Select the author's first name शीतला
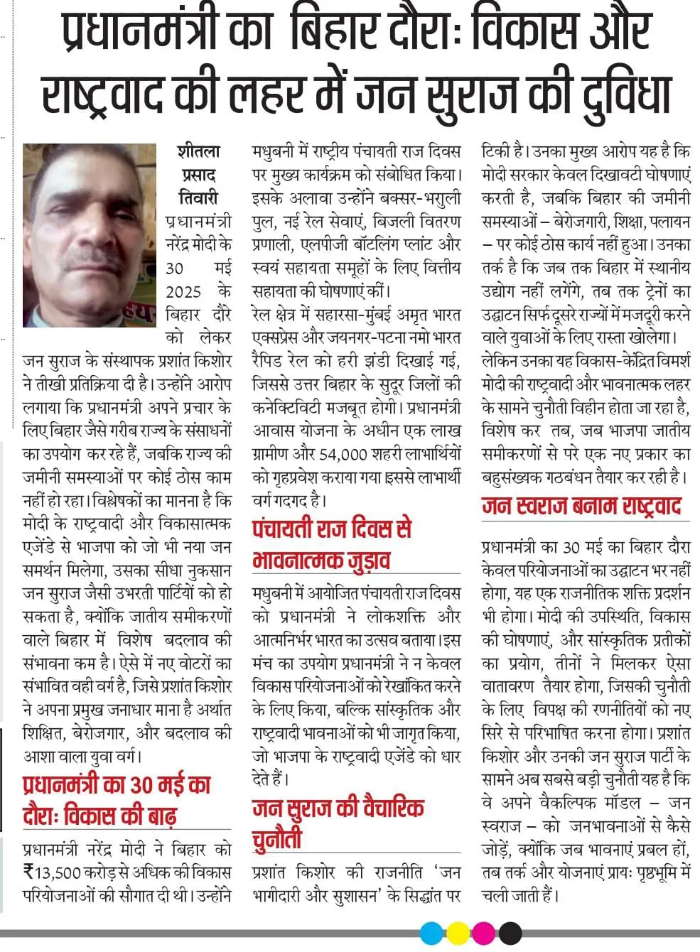coord(198,152)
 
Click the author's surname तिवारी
coord(198,198)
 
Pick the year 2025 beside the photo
coord(183,292)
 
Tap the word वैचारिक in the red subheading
coord(387,809)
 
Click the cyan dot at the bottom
coord(431,932)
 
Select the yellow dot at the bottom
coord(458,932)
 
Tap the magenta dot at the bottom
coord(484,932)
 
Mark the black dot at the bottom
coord(510,932)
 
